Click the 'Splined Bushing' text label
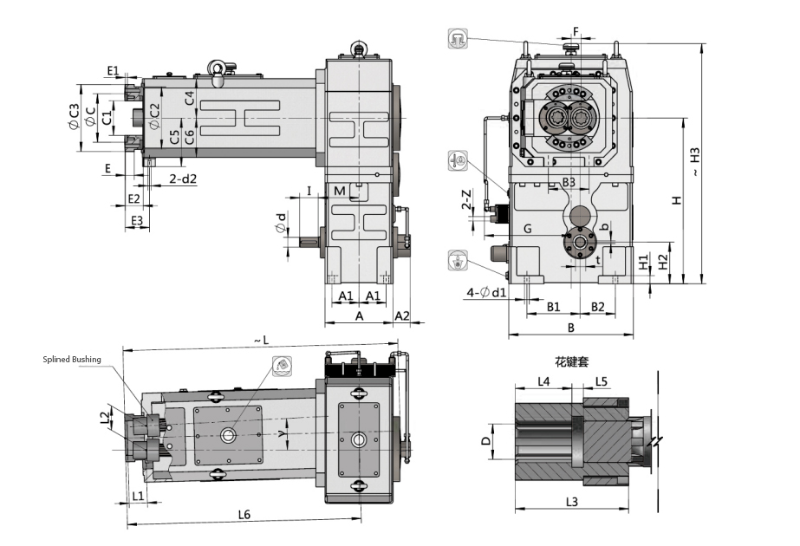72,360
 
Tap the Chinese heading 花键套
572,361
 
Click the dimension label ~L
262,340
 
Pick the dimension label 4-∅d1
486,291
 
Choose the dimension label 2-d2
182,179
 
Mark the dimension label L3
572,501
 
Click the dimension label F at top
575,33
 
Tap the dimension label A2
402,317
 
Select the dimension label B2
598,307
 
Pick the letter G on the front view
527,229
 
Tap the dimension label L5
602,381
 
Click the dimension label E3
136,221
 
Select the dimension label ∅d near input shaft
281,223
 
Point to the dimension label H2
663,261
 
